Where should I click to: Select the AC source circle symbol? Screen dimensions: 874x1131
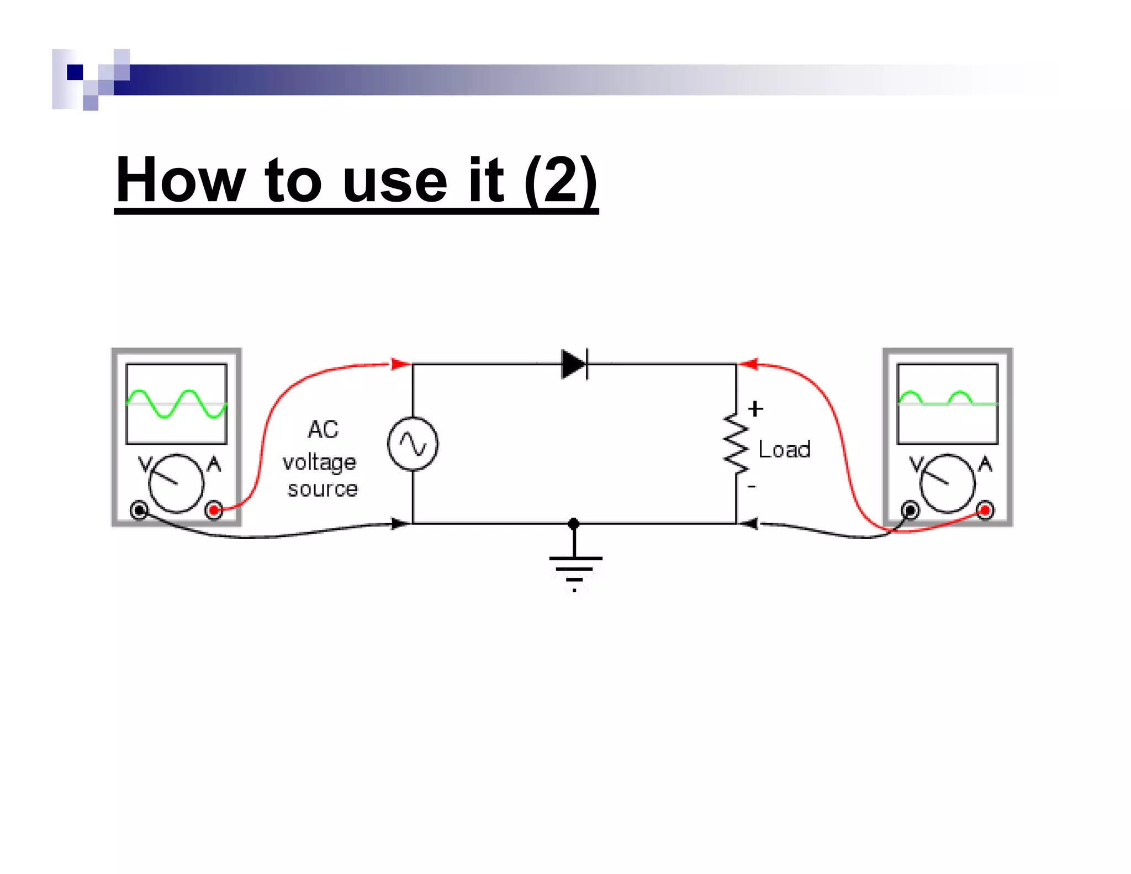click(x=413, y=444)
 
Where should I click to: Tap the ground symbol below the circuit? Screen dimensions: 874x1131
click(x=575, y=567)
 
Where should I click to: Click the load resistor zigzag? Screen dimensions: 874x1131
click(x=736, y=444)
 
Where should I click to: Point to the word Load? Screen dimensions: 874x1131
click(x=784, y=449)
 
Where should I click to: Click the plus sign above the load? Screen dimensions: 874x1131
click(x=755, y=409)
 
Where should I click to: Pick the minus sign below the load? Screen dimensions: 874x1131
click(x=752, y=486)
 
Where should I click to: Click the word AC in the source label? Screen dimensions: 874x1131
click(x=323, y=429)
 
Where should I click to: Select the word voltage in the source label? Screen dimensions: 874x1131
click(x=319, y=462)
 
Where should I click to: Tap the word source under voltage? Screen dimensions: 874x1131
click(x=323, y=489)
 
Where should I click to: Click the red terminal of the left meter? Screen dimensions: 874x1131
click(x=214, y=510)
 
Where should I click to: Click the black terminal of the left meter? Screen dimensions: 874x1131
click(x=139, y=510)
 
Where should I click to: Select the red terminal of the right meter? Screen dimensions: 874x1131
click(x=985, y=510)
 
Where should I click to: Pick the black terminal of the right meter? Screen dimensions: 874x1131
click(x=910, y=510)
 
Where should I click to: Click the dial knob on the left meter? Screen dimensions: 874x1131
click(x=176, y=483)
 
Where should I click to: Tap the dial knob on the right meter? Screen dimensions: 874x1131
click(x=948, y=483)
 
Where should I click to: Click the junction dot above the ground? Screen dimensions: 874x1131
click(x=574, y=523)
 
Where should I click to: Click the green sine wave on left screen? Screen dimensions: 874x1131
click(x=176, y=404)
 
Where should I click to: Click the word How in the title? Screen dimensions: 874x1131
click(x=180, y=180)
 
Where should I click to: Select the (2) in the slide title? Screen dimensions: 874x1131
click(x=561, y=180)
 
